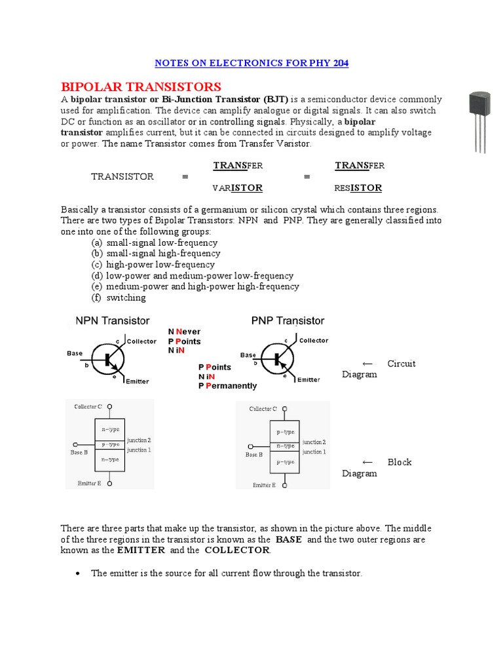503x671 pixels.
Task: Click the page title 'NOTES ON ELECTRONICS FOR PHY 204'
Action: coord(251,63)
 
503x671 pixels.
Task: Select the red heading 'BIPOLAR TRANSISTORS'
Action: coord(141,87)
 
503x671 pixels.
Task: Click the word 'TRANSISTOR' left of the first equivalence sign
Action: coord(122,176)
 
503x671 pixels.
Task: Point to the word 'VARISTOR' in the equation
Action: coord(238,188)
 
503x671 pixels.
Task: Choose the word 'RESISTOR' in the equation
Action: coord(358,188)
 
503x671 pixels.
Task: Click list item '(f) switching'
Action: coord(119,297)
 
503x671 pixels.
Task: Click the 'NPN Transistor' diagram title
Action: coord(113,321)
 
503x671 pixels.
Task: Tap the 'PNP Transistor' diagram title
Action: coord(288,321)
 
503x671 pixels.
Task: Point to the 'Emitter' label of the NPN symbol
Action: coord(137,381)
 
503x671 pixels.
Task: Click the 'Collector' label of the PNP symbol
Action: coord(314,341)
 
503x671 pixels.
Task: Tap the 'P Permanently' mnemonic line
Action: coord(227,386)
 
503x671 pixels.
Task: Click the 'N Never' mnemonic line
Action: coord(184,332)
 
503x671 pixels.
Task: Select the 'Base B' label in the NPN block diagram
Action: coord(79,452)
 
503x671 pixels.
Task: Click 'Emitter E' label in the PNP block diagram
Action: coord(263,486)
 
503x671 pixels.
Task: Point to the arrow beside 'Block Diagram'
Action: coord(367,462)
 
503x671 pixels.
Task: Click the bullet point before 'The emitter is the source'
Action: coord(78,573)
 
